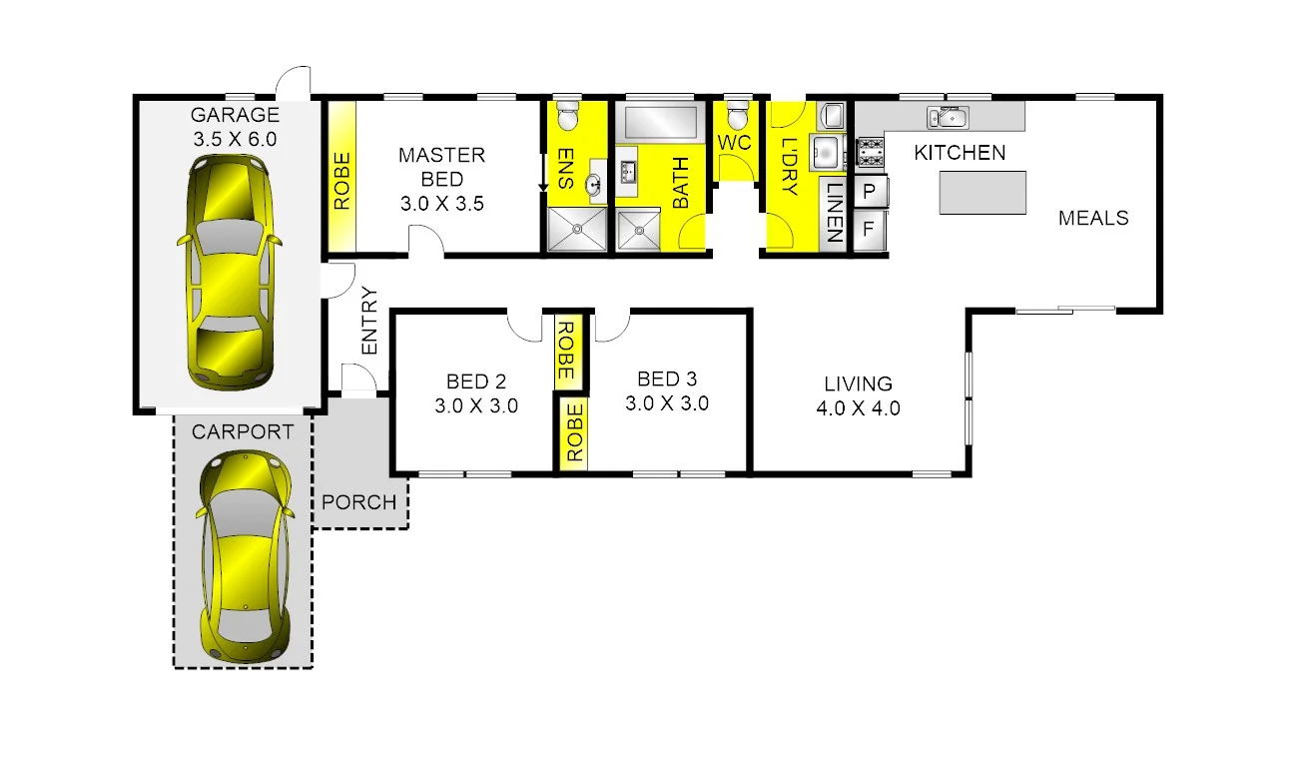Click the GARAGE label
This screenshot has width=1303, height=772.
pos(235,115)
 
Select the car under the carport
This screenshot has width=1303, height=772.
pos(245,555)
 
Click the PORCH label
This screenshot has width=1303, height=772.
pos(359,502)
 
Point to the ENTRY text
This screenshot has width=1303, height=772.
pos(369,322)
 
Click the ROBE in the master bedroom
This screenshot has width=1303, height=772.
pos(341,180)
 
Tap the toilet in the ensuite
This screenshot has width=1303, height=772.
pos(567,116)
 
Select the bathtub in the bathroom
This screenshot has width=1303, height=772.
pos(660,123)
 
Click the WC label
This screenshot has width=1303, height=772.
pos(734,143)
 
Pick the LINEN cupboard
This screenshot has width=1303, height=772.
pos(832,214)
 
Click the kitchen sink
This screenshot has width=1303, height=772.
pos(945,118)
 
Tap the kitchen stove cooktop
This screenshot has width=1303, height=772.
pos(871,152)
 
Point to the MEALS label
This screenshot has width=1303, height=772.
pos(1093,218)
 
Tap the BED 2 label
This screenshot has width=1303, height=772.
pos(475,382)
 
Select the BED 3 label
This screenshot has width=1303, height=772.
pos(666,380)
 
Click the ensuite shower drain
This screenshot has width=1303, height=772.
pos(577,230)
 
